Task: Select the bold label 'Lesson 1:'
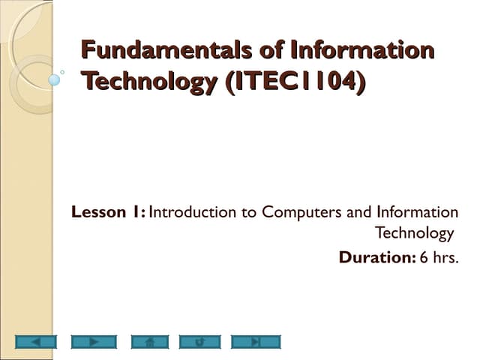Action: (x=108, y=212)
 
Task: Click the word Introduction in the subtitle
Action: (x=193, y=212)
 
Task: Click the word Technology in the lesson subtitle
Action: (x=414, y=233)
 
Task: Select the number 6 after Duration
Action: (x=424, y=257)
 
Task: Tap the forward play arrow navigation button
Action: (x=94, y=342)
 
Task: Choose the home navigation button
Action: (x=149, y=342)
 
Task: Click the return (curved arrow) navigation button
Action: (x=199, y=342)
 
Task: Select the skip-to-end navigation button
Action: (x=255, y=342)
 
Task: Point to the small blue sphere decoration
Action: (x=54, y=77)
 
